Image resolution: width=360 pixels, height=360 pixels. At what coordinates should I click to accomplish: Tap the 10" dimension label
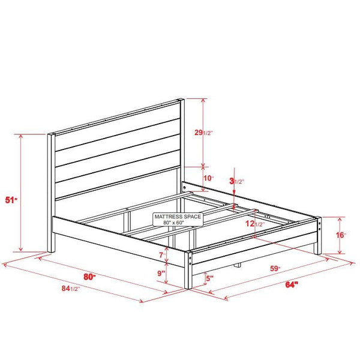pyautogui.click(x=208, y=178)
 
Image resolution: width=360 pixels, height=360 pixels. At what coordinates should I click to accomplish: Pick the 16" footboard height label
pyautogui.click(x=341, y=235)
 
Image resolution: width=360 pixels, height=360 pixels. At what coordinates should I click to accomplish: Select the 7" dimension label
pyautogui.click(x=161, y=255)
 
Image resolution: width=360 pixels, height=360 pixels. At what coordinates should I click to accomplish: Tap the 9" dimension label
pyautogui.click(x=161, y=274)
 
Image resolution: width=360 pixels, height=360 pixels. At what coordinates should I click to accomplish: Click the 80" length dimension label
pyautogui.click(x=91, y=277)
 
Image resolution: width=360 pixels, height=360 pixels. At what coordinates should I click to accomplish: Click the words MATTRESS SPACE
pyautogui.click(x=178, y=216)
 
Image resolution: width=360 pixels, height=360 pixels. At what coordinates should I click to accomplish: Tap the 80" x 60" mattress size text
pyautogui.click(x=178, y=223)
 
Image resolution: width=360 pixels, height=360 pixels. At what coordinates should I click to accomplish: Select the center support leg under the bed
pyautogui.click(x=237, y=264)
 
